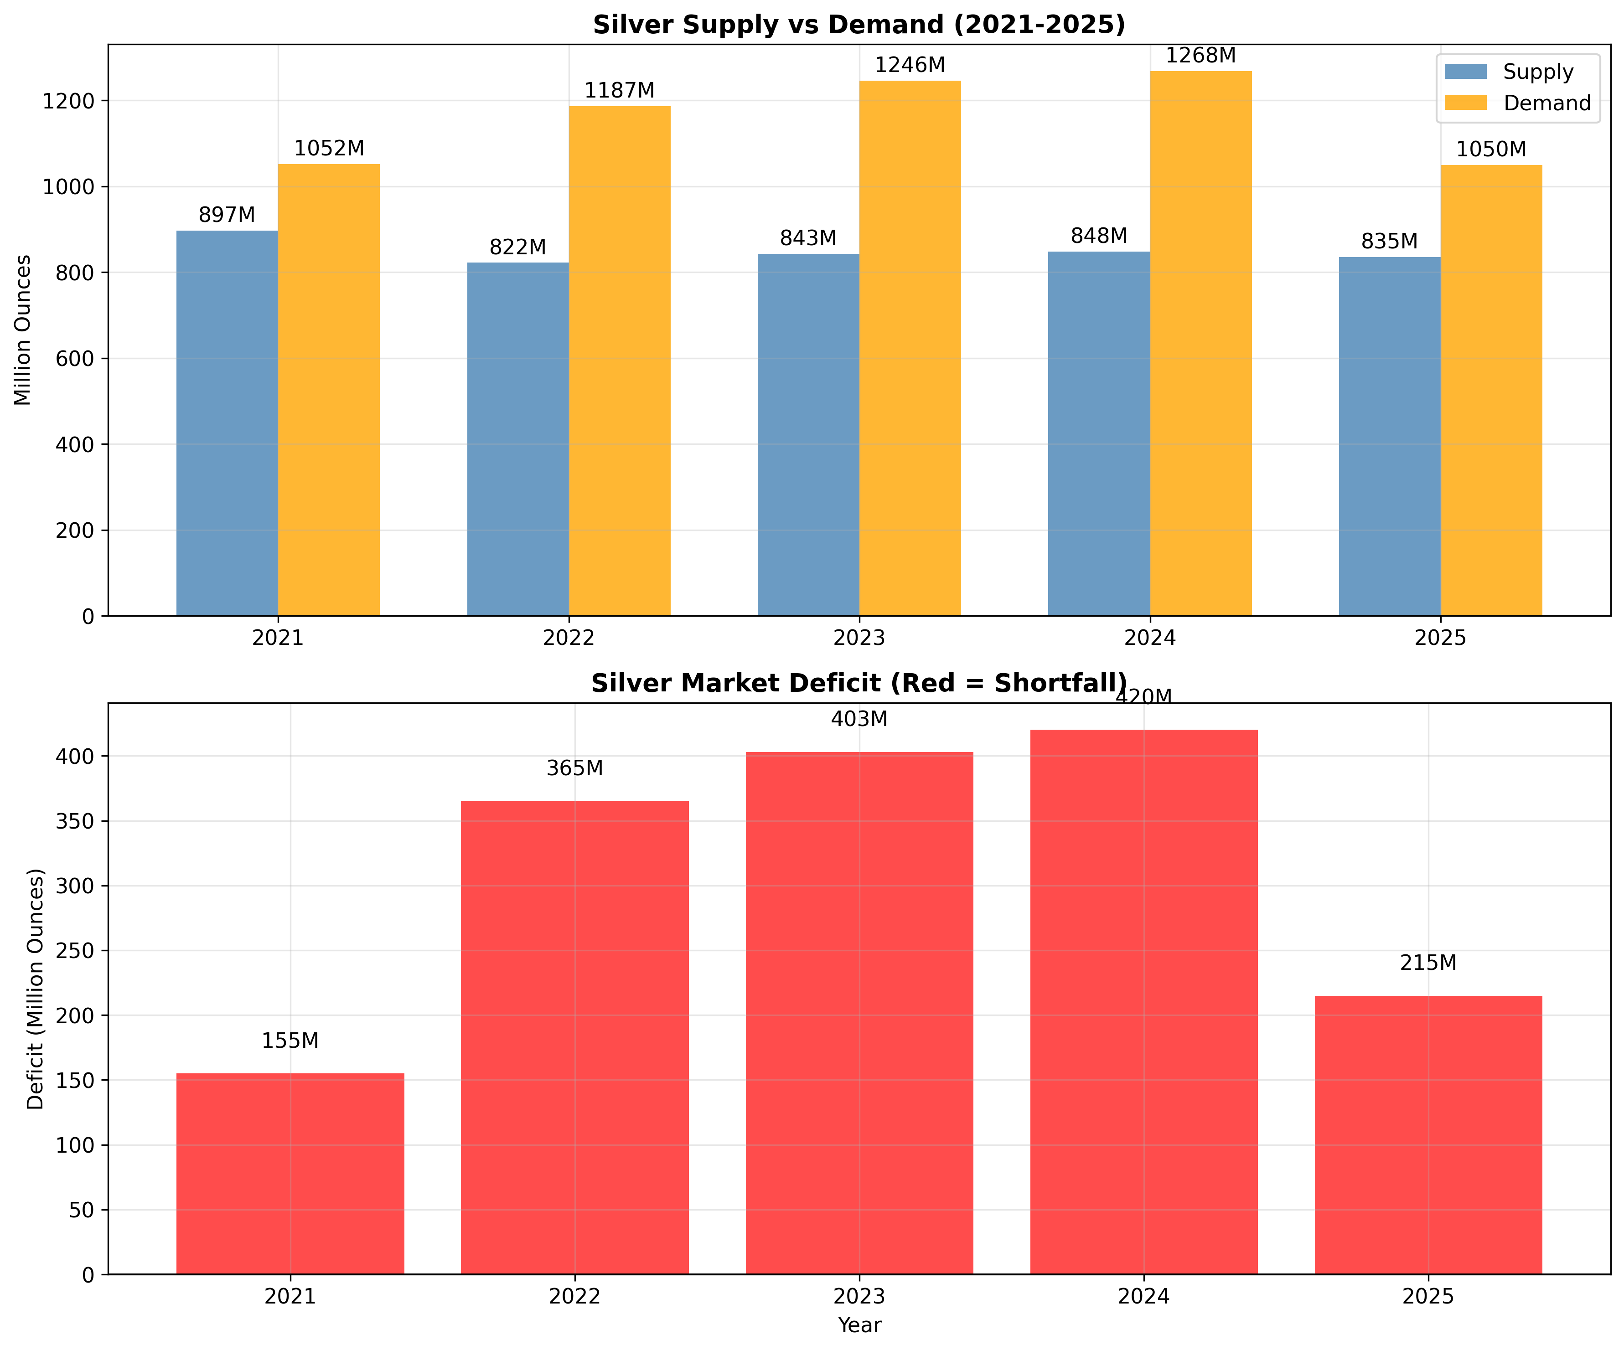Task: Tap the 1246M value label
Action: coord(910,66)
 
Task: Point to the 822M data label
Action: coord(517,247)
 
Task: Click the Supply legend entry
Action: coord(1537,72)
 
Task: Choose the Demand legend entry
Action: coord(1546,103)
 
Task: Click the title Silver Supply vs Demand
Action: coord(859,25)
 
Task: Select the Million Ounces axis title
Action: coord(23,330)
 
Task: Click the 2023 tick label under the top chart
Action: coord(859,639)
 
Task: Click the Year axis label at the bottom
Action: coord(859,1325)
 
